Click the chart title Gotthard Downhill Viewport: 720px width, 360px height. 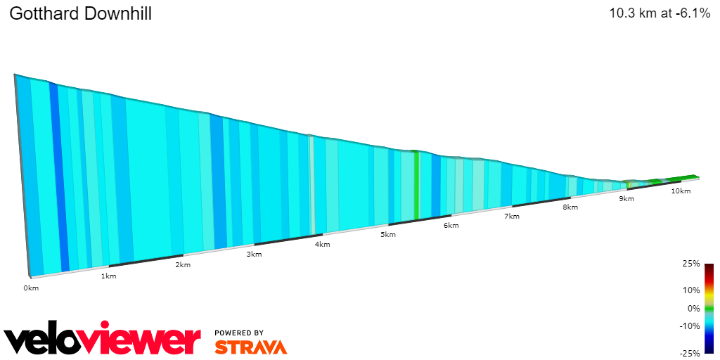[80, 14]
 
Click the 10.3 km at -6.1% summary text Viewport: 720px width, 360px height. [660, 13]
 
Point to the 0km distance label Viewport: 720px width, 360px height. [31, 288]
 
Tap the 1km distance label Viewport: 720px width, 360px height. [109, 276]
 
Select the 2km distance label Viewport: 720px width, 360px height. [183, 265]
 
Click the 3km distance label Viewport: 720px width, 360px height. [254, 255]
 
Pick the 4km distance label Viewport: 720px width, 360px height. [323, 245]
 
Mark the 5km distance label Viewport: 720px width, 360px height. [387, 235]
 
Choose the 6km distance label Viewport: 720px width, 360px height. [451, 226]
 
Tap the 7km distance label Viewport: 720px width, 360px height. [512, 217]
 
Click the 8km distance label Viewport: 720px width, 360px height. [570, 207]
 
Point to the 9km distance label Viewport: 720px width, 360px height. [626, 200]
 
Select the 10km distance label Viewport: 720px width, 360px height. [680, 191]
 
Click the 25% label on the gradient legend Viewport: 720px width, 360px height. [691, 264]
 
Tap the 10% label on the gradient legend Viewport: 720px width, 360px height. [691, 290]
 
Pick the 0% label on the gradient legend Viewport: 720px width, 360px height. [693, 308]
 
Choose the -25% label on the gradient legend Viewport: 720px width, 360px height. [690, 353]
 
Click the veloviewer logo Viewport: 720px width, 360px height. [103, 339]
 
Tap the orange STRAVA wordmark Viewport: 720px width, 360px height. [250, 347]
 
